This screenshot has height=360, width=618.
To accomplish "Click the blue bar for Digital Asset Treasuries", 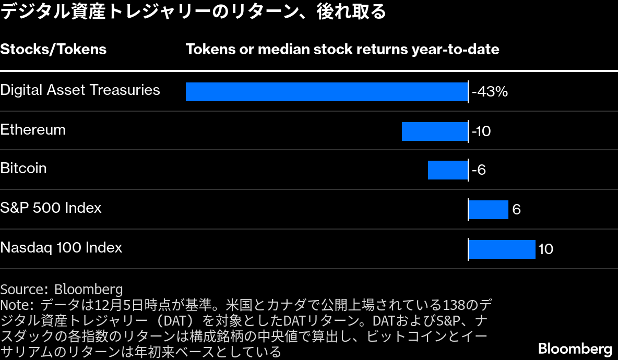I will [327, 92].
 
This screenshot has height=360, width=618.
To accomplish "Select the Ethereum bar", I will [435, 131].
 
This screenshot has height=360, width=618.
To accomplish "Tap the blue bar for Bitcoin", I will [448, 170].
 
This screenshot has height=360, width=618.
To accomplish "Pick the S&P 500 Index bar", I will [489, 210].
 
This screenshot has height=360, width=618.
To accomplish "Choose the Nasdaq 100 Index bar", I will [502, 249].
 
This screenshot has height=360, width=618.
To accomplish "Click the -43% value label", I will [490, 92].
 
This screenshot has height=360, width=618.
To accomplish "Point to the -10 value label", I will [481, 131].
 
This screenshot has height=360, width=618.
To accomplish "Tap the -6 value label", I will [479, 170].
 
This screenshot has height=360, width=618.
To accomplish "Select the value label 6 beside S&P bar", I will [517, 210].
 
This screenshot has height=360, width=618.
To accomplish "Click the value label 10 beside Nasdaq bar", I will [545, 249].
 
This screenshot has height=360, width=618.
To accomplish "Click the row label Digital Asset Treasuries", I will [80, 90].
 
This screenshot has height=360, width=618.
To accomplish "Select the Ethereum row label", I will [33, 129].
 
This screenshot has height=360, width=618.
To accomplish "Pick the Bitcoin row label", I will [23, 168].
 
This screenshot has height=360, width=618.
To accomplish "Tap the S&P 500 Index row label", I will [51, 208].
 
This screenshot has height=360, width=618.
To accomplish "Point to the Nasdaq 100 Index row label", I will [61, 247].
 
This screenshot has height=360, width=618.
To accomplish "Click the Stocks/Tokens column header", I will [53, 49].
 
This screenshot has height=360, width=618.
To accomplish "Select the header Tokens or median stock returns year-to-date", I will [342, 49].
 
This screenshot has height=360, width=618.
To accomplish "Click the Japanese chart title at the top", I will [193, 11].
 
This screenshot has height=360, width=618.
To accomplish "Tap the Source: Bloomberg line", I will [62, 289].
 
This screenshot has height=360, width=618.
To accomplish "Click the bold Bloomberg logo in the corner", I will [575, 348].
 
